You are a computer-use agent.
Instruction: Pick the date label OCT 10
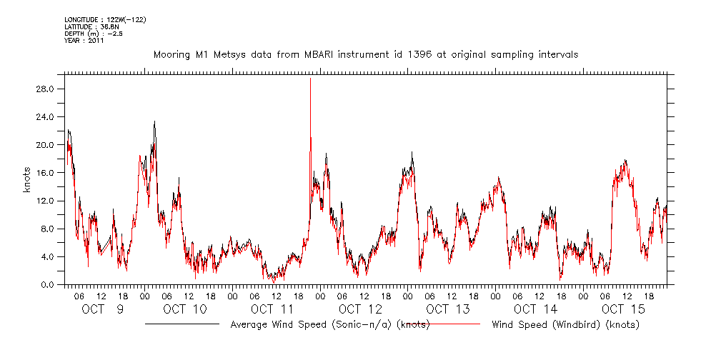coord(184,309)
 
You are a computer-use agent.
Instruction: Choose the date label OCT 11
coord(272,309)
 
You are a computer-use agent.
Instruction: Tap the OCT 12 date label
coord(360,309)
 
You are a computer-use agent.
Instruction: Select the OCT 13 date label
coord(447,309)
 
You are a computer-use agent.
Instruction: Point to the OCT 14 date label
coord(534,309)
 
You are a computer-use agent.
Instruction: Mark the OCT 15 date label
coord(622,309)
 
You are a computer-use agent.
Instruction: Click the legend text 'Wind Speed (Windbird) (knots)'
coord(565,325)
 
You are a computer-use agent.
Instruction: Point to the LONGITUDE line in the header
coord(105,19)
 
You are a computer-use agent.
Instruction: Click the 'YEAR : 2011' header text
coord(85,41)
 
